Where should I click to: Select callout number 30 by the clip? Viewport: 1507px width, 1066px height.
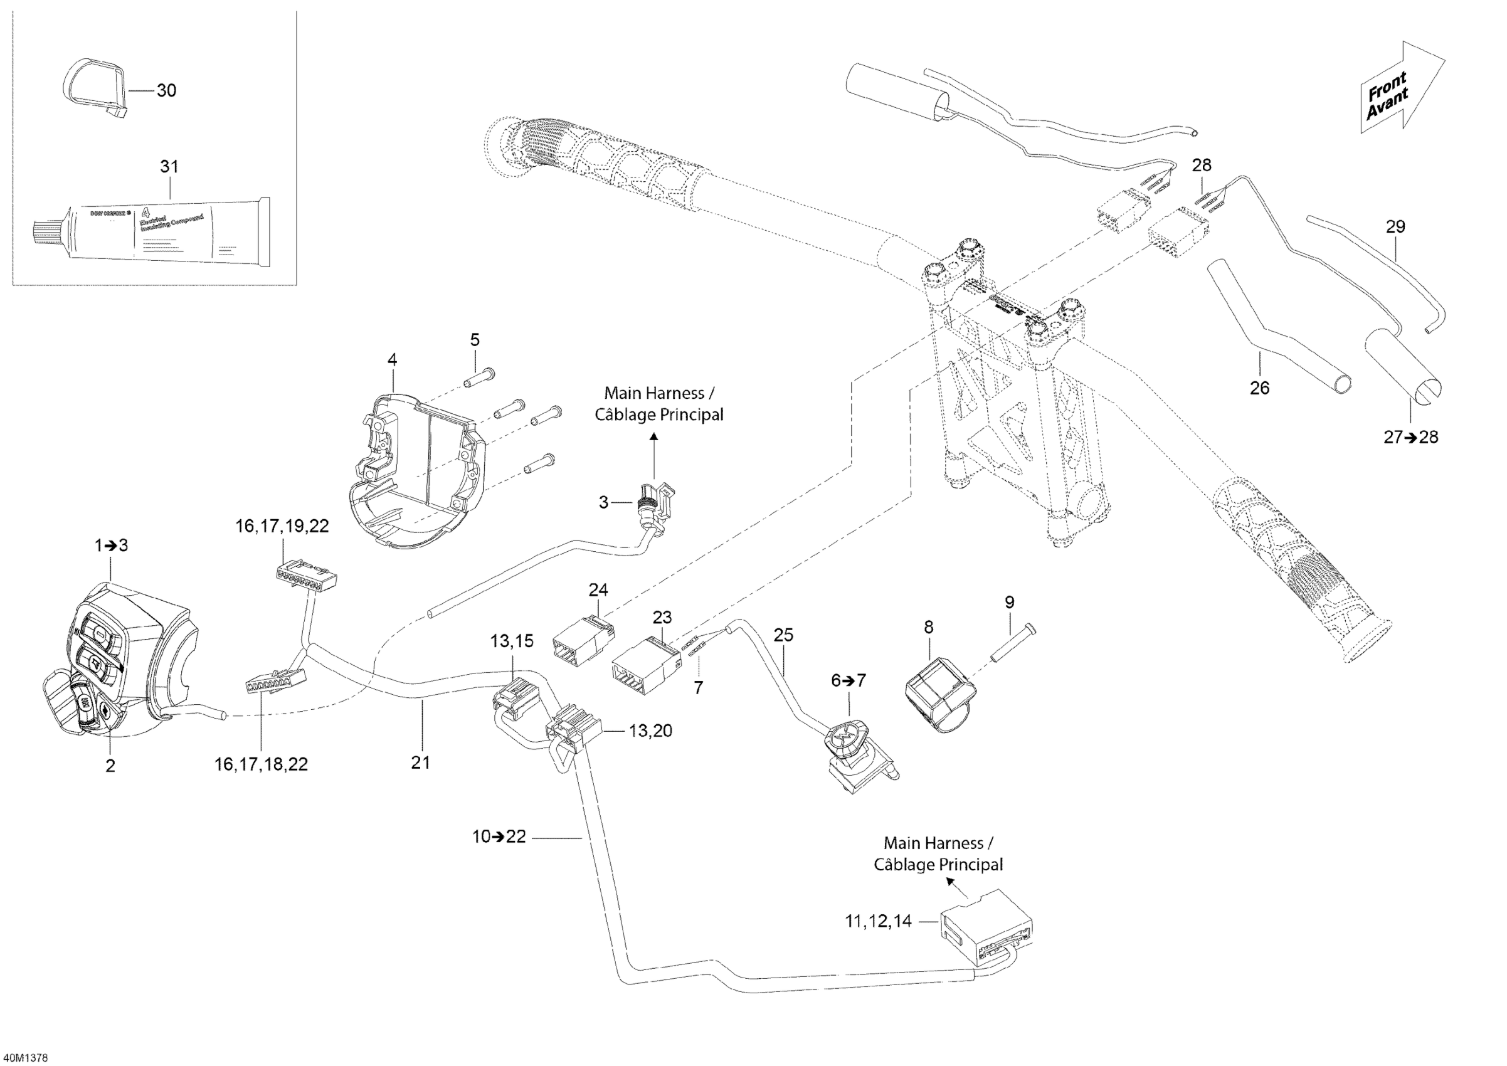click(x=166, y=90)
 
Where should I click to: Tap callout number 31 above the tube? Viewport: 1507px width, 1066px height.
click(x=169, y=167)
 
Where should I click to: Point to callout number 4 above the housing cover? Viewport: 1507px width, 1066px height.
click(x=392, y=360)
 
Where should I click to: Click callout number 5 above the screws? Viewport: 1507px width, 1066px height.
click(x=475, y=340)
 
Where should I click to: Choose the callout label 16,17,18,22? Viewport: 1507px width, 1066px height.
click(x=262, y=764)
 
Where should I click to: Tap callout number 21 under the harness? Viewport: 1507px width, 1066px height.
click(x=420, y=762)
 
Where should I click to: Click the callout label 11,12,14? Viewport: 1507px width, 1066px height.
click(x=878, y=922)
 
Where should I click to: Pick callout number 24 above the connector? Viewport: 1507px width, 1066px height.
click(x=598, y=590)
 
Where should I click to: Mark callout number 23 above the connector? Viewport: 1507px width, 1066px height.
click(x=662, y=617)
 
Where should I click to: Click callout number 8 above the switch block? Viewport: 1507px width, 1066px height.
click(x=928, y=627)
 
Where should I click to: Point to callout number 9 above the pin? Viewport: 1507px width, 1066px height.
click(x=1010, y=602)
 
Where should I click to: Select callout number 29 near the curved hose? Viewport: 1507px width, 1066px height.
click(x=1395, y=226)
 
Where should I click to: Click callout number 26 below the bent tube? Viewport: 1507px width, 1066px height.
click(x=1259, y=388)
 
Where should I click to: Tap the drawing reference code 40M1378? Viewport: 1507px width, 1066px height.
click(x=24, y=1057)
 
